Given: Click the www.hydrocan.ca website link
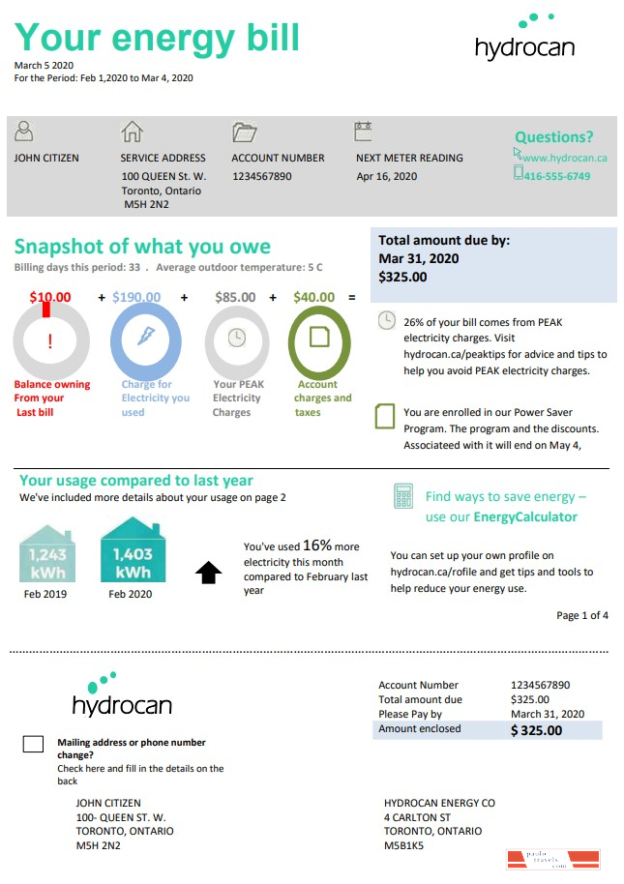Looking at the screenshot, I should pos(564,157).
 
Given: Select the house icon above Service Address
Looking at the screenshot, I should pos(132,132).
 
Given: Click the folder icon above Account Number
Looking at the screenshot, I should pos(244,132).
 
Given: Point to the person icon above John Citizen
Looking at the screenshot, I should pos(25,132).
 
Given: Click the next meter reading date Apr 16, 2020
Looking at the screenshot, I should pos(386,176).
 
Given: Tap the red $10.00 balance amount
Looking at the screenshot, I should pos(50,297).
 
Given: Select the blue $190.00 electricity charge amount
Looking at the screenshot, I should pos(136,297).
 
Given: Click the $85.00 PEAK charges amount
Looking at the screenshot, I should pos(235,297).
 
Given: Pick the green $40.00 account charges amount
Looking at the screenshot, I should pos(313,297).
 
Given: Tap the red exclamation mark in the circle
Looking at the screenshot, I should pos(50,340).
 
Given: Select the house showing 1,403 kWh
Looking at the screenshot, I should pos(133,550).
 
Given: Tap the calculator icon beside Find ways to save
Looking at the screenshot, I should pos(403,497).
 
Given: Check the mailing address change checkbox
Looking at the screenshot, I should pos(33,744).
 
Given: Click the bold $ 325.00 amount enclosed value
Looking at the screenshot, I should pos(536,730).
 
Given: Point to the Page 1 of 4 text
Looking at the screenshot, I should pos(582,615).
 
